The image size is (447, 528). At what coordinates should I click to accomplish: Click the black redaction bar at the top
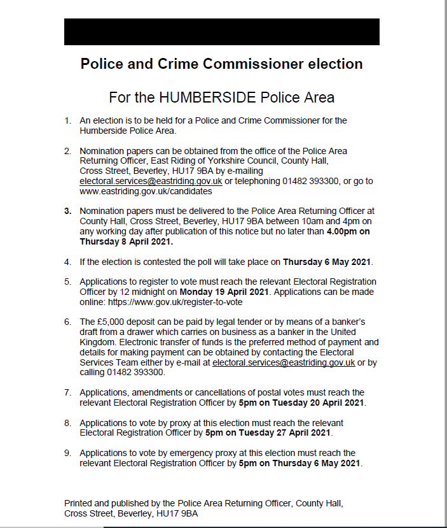(221, 32)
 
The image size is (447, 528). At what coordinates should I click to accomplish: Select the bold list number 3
(67, 211)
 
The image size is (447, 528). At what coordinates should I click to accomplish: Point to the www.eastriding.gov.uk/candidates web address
(146, 190)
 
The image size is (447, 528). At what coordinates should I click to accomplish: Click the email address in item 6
(284, 363)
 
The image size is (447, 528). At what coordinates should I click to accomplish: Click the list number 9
(67, 453)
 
